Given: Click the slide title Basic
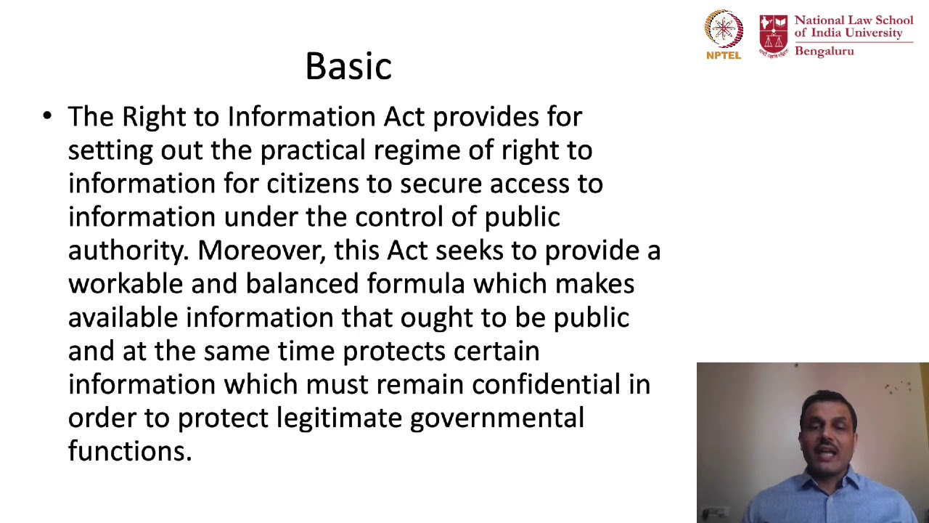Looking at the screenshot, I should coord(348,66).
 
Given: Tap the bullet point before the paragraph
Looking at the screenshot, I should coord(47,116).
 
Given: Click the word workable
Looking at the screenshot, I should coord(126,284).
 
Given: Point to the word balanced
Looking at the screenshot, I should coord(302,284).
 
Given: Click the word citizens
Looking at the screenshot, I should coord(313,184).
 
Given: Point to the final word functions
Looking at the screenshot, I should coord(129,451).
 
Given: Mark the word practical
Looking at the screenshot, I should coord(313,150).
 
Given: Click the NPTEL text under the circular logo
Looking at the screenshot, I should coord(724,54).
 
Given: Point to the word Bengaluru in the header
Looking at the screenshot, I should coord(824,51).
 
